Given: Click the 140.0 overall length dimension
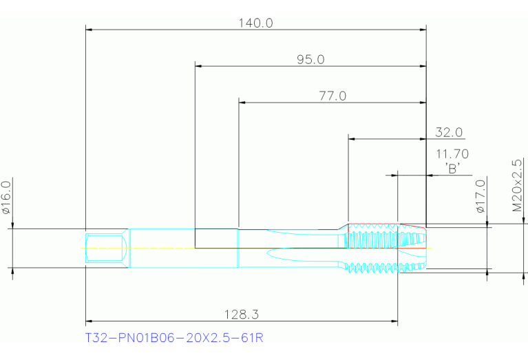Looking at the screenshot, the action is [x=255, y=23].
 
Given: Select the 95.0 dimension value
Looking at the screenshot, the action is [x=310, y=60].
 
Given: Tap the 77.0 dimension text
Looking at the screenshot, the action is [x=332, y=96].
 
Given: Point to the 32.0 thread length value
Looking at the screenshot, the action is [x=449, y=132].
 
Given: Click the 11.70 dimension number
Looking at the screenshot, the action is [x=452, y=154].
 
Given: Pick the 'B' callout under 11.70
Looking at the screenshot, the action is [x=452, y=168].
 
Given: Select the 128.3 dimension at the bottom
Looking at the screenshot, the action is [x=242, y=315].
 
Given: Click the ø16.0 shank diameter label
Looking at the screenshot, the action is [x=7, y=198].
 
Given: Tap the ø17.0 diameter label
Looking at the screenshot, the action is [x=481, y=196].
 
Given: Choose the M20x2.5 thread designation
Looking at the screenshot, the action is [x=517, y=186].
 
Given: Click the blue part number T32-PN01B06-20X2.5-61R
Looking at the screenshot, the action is [x=174, y=337].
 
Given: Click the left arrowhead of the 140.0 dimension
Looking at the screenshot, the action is [x=89, y=30].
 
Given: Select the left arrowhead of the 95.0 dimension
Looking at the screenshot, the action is [x=198, y=66].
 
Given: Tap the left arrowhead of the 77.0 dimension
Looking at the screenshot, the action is [x=242, y=103].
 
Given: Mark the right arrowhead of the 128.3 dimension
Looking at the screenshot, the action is [x=394, y=321].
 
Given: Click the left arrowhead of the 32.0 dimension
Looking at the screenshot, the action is [x=352, y=139].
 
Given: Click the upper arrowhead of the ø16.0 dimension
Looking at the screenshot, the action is [x=12, y=225].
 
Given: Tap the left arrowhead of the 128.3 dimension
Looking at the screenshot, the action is [x=89, y=321].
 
